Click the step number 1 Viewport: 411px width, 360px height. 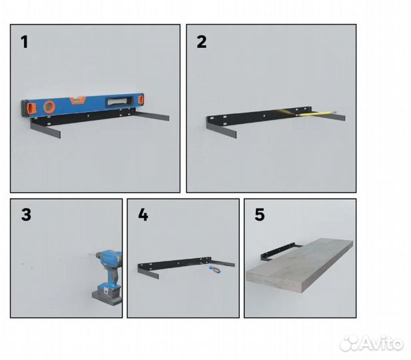pos(25,43)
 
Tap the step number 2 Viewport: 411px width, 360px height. pos(202,43)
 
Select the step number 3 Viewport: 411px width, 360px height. pos(26,215)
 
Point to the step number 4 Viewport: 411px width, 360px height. pos(143,215)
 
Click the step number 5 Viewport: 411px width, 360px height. pos(260,215)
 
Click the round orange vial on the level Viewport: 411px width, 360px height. pos(49,105)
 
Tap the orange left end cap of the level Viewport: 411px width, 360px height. pos(27,107)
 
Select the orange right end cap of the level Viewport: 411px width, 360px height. pos(140,103)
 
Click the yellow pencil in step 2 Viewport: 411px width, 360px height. pos(318,113)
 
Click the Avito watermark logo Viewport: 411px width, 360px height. pos(371,344)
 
